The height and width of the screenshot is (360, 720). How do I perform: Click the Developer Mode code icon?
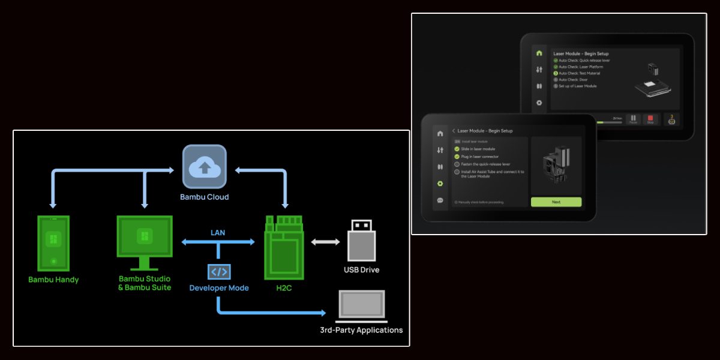tap(218, 272)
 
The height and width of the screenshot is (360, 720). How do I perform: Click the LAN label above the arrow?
tap(218, 232)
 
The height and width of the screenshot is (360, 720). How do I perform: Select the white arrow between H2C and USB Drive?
tap(326, 242)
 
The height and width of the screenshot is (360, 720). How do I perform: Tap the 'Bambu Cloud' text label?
tap(204, 197)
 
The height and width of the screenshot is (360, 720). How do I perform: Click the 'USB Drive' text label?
tap(361, 270)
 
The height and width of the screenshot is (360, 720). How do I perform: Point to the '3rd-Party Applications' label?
tap(361, 330)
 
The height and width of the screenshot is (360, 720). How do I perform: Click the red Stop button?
tap(650, 119)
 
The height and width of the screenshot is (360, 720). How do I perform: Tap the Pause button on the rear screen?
tap(633, 119)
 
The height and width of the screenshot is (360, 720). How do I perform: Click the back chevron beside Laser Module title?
tap(454, 131)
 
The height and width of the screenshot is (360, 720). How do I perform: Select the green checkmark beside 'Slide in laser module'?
tap(457, 149)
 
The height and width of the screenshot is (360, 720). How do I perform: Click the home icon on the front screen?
tap(440, 133)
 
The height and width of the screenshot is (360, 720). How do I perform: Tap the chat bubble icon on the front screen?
tap(440, 200)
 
